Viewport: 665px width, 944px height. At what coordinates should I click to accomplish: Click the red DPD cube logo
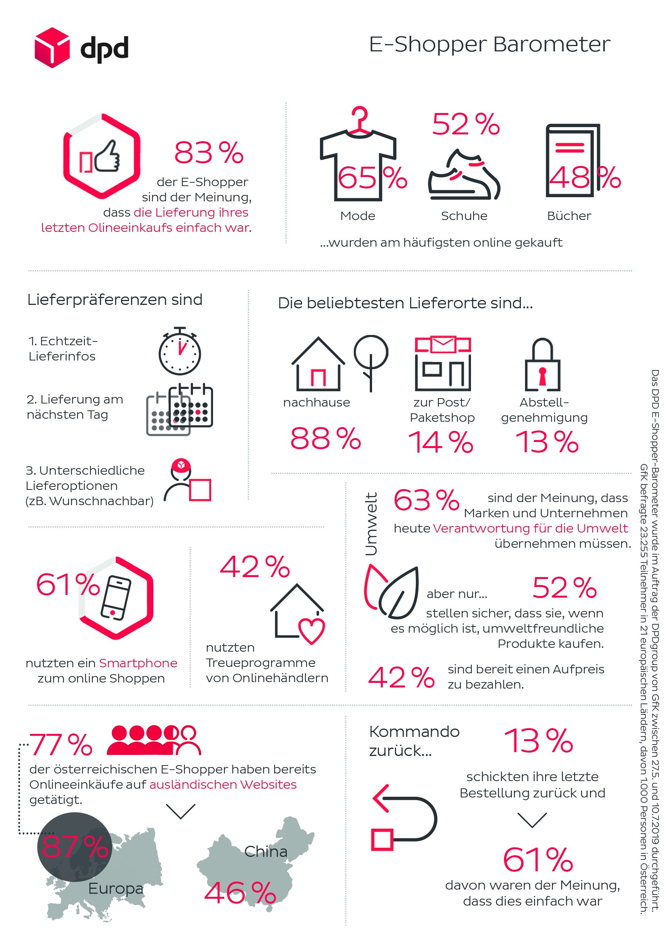tap(52, 48)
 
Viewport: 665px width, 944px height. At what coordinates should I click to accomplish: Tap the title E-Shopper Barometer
tap(489, 45)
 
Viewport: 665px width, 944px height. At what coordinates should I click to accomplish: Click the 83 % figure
tap(209, 153)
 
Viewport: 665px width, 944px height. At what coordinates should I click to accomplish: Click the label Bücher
tap(569, 216)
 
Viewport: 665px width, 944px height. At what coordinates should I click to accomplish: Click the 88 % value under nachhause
tap(326, 439)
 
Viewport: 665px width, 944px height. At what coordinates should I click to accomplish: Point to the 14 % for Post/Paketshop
tap(441, 442)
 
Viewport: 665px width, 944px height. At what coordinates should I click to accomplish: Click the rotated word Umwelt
tap(371, 524)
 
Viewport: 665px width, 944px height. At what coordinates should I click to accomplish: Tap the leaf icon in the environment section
tap(391, 592)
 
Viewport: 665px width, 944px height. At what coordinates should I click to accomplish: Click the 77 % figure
tap(61, 745)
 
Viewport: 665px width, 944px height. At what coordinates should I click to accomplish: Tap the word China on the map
tap(266, 851)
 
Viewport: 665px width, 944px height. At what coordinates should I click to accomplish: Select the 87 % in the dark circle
tap(75, 847)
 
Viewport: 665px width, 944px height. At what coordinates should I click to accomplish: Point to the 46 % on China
tap(240, 893)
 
